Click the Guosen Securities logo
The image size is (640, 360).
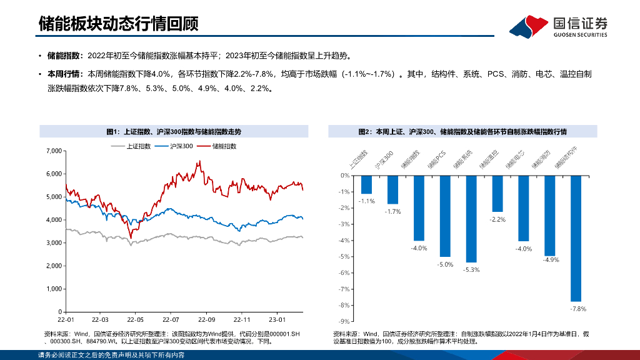tap(558, 26)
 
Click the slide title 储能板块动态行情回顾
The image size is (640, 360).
tap(118, 24)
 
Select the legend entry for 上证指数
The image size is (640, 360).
tap(131, 146)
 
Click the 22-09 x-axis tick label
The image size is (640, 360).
tap(207, 319)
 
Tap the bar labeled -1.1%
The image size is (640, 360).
tap(366, 184)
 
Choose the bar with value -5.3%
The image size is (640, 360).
tap(471, 218)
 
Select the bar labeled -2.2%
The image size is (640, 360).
tap(497, 193)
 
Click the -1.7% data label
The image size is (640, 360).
tap(392, 212)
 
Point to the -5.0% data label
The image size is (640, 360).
tap(445, 265)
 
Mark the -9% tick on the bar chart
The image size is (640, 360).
tap(344, 321)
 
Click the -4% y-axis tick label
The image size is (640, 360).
tap(344, 240)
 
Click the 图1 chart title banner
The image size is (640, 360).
tap(174, 131)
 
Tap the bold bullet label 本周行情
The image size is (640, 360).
tap(62, 74)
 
